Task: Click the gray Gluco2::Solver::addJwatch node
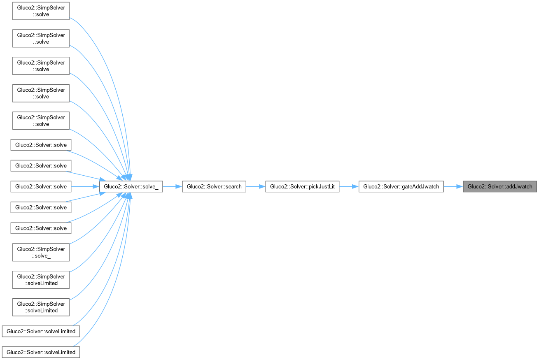pyautogui.click(x=500, y=186)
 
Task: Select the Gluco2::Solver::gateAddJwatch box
pyautogui.click(x=401, y=186)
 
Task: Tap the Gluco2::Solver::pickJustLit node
pyautogui.click(x=302, y=186)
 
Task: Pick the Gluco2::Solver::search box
pyautogui.click(x=214, y=186)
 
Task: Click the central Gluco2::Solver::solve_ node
pyautogui.click(x=131, y=186)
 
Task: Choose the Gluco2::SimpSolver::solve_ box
pyautogui.click(x=41, y=252)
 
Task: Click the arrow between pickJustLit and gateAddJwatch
pyautogui.click(x=349, y=186)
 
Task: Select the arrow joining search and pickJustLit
pyautogui.click(x=255, y=186)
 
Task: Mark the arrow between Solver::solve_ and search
pyautogui.click(x=172, y=186)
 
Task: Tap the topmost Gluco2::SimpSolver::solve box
pyautogui.click(x=41, y=11)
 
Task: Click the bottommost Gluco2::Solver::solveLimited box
pyautogui.click(x=41, y=352)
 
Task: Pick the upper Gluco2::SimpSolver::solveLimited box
pyautogui.click(x=41, y=279)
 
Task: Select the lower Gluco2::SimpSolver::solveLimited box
pyautogui.click(x=41, y=307)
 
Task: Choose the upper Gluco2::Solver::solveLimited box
pyautogui.click(x=41, y=331)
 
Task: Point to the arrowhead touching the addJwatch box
pyautogui.click(x=460, y=186)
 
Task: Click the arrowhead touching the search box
pyautogui.click(x=179, y=186)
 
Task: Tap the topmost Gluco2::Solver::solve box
pyautogui.click(x=41, y=145)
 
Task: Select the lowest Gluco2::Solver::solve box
pyautogui.click(x=41, y=228)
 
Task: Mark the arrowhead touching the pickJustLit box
pyautogui.click(x=262, y=186)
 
